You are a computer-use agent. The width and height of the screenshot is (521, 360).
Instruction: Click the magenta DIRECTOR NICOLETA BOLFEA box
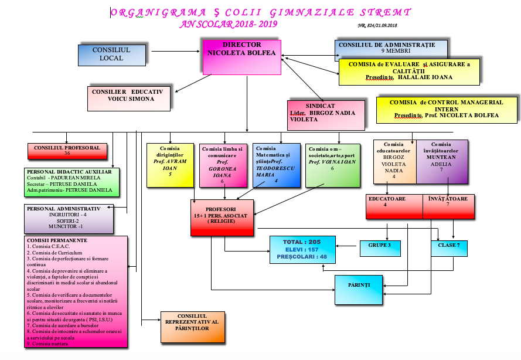coord(242,57)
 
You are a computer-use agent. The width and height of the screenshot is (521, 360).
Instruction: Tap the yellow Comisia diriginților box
coord(169,164)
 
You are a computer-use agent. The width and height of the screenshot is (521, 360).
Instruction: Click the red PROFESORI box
coord(222,218)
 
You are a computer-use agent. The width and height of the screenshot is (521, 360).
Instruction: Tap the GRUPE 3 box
coord(380,245)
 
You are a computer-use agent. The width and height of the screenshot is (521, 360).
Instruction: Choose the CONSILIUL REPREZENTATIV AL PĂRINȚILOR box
coord(193,327)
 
